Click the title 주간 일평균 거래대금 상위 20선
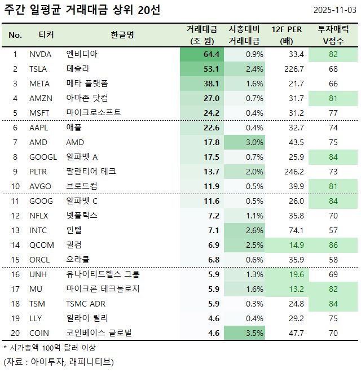click(82, 11)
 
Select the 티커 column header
click(46, 34)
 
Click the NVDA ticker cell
click(40, 54)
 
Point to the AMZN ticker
click(41, 98)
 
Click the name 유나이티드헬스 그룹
click(103, 274)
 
